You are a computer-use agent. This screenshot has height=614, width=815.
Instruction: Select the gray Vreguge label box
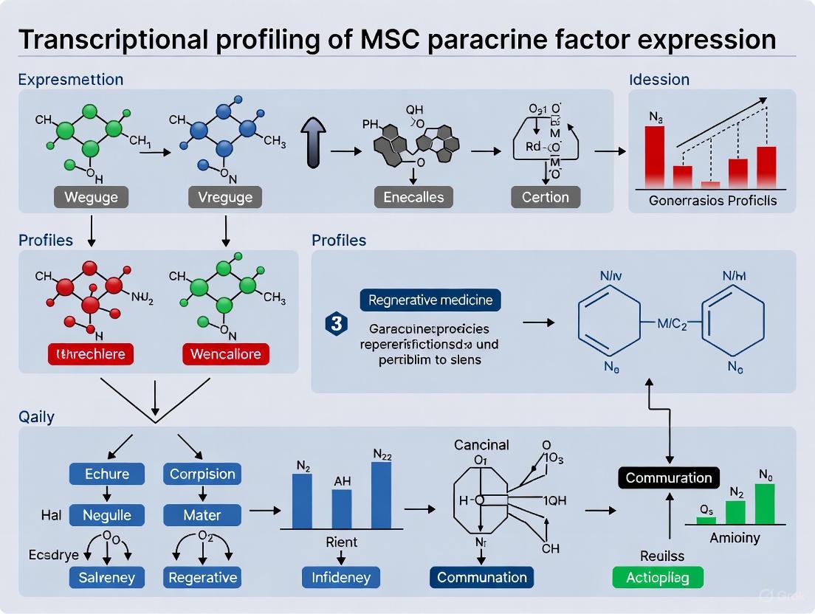tap(225, 197)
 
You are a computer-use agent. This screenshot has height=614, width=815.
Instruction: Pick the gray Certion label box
tap(546, 197)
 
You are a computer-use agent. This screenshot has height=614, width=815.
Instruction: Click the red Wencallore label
tap(225, 353)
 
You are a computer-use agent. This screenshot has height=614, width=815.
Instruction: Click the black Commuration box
tap(669, 477)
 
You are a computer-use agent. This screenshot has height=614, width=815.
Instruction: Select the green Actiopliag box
tap(658, 577)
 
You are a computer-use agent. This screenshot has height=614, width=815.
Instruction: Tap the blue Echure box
tap(108, 474)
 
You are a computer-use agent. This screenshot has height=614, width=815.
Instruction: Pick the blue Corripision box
tap(202, 474)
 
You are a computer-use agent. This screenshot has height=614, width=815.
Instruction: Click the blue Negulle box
tap(108, 514)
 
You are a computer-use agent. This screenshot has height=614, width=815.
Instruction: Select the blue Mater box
tap(202, 514)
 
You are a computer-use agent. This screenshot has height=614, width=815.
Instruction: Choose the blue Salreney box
tap(108, 577)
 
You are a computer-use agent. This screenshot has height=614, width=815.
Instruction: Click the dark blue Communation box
tap(482, 577)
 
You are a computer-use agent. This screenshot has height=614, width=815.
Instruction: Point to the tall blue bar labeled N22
tap(381, 494)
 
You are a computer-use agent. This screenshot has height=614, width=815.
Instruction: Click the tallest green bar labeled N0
tap(765, 503)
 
